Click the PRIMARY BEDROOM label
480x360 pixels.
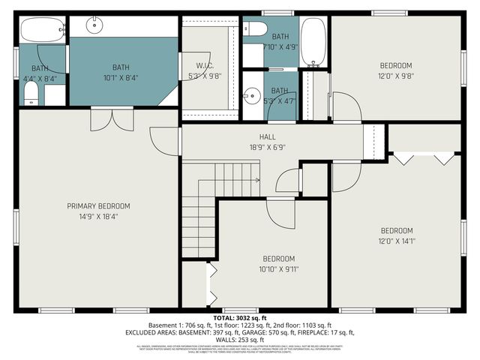click(98, 206)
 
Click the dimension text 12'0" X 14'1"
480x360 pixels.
click(397, 240)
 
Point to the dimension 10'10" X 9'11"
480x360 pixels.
click(278, 268)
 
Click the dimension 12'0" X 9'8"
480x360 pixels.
click(395, 75)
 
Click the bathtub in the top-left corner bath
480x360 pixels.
click(42, 30)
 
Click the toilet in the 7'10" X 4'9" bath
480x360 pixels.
click(255, 29)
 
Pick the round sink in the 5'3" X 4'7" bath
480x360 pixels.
click(250, 95)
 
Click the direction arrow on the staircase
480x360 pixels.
click(257, 180)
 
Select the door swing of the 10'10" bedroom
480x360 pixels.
click(282, 214)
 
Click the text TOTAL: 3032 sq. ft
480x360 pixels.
click(239, 318)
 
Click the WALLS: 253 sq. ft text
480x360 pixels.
click(240, 338)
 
